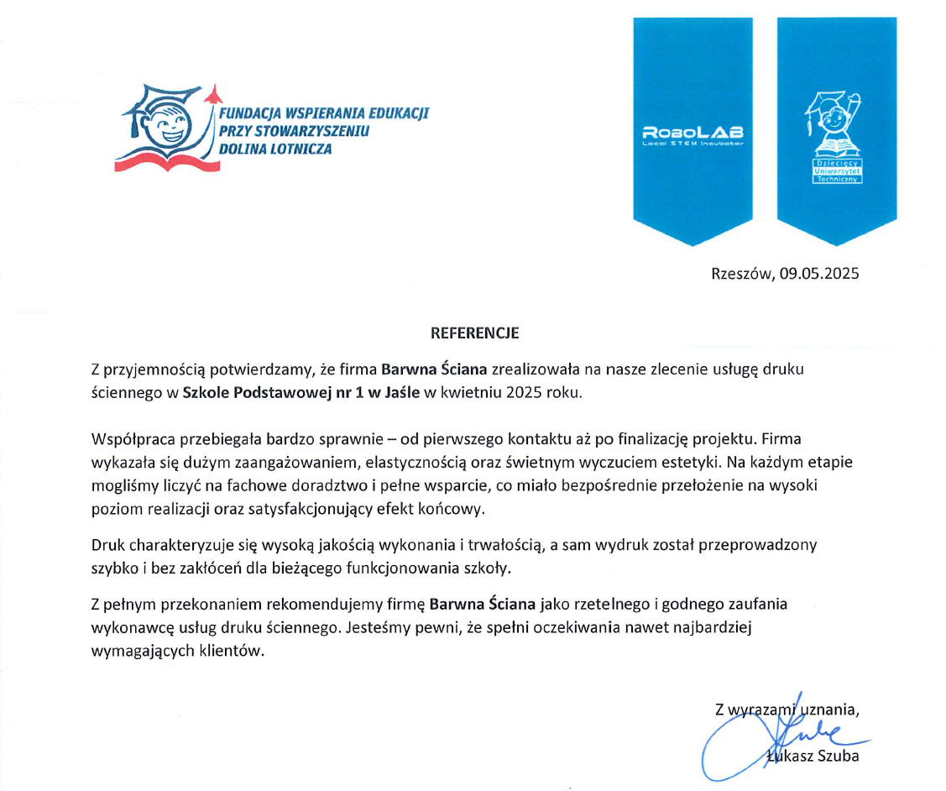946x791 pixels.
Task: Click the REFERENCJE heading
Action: point(474,333)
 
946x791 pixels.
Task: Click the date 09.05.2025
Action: point(818,273)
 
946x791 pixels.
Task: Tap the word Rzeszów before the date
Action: point(741,273)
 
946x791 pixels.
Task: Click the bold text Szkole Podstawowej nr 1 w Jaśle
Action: point(301,392)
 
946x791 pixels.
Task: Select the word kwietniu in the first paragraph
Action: point(473,392)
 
